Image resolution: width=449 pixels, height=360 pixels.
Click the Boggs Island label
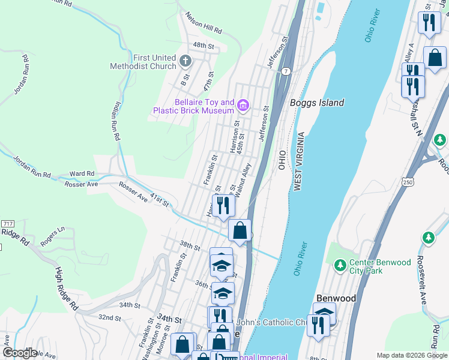317,103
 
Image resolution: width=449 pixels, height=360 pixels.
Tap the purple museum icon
243,106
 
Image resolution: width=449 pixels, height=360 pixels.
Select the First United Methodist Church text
143,62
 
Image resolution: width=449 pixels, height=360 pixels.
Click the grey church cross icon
185,61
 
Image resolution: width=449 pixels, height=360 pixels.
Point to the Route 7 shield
287,71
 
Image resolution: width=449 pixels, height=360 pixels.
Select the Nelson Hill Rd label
203,23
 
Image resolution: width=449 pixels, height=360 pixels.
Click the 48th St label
203,46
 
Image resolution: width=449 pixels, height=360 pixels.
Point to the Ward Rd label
82,173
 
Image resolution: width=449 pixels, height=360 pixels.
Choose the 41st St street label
160,200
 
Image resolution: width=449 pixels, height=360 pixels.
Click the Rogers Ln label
52,236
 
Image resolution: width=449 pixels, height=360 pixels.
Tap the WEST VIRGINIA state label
297,162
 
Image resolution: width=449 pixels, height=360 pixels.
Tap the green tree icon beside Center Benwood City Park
340,264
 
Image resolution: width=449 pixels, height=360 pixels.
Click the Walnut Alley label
244,178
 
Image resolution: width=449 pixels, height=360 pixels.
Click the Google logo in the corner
20,353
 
